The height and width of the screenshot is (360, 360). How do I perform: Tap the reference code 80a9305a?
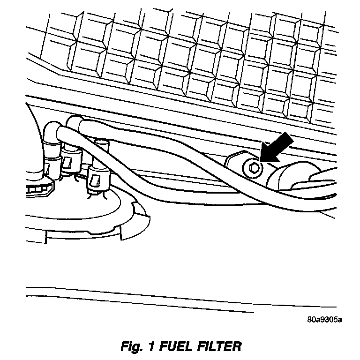point(324,321)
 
